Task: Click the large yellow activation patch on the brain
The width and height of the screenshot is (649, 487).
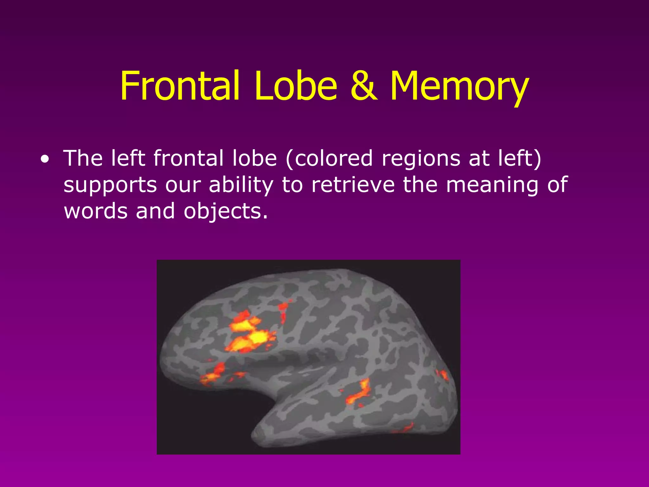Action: pyautogui.click(x=250, y=334)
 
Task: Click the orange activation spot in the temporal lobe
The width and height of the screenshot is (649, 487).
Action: pyautogui.click(x=360, y=393)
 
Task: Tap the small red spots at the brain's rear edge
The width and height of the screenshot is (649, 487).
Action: pyautogui.click(x=443, y=375)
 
